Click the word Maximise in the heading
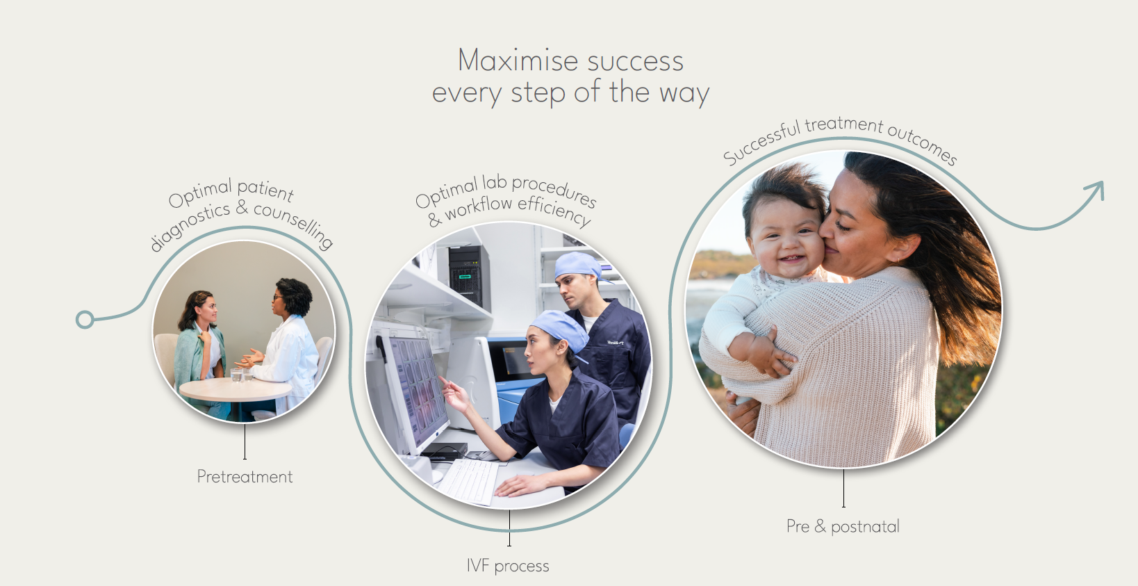tap(518, 60)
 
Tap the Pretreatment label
tap(245, 477)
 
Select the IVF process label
tap(508, 566)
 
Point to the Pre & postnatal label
tap(843, 526)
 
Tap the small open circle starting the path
tap(85, 320)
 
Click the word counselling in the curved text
tap(294, 224)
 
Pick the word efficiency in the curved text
tap(555, 211)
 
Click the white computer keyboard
tap(468, 481)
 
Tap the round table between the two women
tap(236, 389)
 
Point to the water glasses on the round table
tap(241, 375)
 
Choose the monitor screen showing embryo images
tap(418, 387)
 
